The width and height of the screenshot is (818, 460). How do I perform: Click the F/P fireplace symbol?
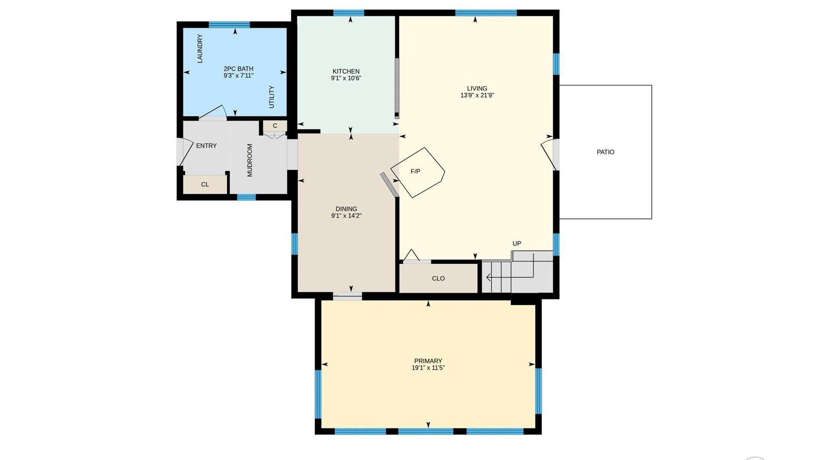[x=418, y=172]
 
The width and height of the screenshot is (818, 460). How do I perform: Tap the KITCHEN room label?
[x=346, y=71]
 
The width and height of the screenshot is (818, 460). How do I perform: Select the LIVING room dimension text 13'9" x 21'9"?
[x=477, y=95]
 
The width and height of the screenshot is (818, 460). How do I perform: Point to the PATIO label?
[x=605, y=152]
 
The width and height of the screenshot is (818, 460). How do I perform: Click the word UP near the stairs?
[x=517, y=244]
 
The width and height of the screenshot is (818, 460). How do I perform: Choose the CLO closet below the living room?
[x=438, y=278]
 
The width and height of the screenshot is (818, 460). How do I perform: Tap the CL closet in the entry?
[x=205, y=184]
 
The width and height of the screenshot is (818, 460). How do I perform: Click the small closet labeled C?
[x=275, y=126]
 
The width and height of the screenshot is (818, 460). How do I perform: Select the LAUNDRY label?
[x=200, y=49]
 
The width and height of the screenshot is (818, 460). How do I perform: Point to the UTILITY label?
[x=271, y=97]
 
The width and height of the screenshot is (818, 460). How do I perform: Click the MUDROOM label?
[x=250, y=160]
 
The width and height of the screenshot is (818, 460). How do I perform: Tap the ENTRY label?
[x=206, y=146]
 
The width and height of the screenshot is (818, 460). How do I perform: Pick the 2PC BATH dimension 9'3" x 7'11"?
[x=239, y=76]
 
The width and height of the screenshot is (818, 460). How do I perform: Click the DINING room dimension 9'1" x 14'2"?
[x=346, y=216]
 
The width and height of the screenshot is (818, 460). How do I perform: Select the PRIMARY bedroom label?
[x=428, y=361]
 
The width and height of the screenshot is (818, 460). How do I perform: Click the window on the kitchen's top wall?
[x=349, y=13]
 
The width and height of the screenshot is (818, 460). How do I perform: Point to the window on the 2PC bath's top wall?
[x=229, y=25]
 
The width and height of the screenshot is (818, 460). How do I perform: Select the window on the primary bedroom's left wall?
[x=318, y=394]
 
